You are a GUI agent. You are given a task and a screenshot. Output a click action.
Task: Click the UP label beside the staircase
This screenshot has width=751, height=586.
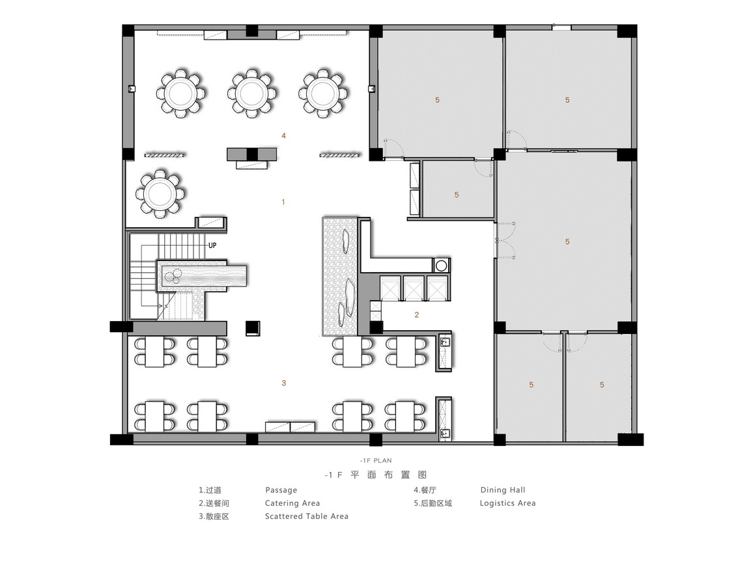[x=212, y=245]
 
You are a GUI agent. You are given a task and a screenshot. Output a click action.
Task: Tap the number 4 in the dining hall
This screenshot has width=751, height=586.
[x=283, y=136]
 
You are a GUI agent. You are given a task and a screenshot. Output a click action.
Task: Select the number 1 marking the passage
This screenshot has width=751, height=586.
[x=283, y=202]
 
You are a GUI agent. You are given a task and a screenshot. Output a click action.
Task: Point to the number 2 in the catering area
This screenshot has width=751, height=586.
[x=417, y=314]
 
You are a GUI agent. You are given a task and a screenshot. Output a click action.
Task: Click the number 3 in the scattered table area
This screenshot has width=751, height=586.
[x=283, y=383]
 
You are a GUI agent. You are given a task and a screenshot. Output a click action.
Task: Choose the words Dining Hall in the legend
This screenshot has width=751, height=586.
[x=502, y=490]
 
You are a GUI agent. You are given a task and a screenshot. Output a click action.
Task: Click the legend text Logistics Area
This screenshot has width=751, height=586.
[x=507, y=503]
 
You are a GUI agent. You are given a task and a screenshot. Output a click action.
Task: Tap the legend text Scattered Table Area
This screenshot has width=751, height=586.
[x=307, y=516]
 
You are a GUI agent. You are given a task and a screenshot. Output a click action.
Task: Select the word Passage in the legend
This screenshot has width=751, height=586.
[x=281, y=490]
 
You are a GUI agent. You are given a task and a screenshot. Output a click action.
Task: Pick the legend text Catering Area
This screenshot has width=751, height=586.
[x=292, y=503]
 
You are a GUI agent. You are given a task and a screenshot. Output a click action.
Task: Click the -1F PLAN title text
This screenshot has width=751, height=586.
[x=376, y=460]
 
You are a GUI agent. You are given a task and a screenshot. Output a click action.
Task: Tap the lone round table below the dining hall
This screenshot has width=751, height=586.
[x=160, y=194]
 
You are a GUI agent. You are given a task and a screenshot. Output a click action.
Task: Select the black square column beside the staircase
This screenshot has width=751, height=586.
[x=253, y=328]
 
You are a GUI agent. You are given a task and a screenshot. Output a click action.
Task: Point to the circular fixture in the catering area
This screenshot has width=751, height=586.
[x=441, y=266]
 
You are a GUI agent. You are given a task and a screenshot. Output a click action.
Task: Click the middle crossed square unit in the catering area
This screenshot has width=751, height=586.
[x=414, y=288]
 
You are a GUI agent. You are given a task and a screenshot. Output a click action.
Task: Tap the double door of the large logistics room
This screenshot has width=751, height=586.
[x=503, y=240]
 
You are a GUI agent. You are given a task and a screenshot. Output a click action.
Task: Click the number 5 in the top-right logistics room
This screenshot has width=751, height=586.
[x=567, y=100]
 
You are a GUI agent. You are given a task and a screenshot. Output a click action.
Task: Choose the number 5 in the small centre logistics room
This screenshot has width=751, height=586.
[x=457, y=195]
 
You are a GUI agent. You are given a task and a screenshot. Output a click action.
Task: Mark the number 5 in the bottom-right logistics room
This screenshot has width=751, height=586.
[x=602, y=385]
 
